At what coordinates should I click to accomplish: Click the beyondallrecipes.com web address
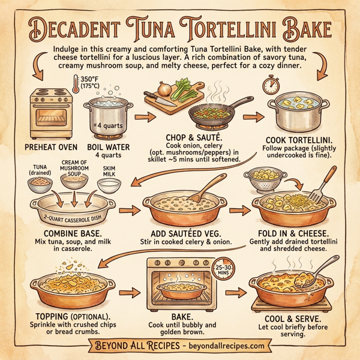218,346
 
